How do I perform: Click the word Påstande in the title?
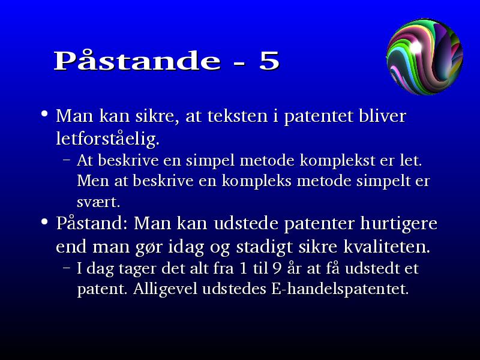(137, 60)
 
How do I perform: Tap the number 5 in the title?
(269, 61)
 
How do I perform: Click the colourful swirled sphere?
(425, 56)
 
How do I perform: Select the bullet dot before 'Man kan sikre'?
(44, 114)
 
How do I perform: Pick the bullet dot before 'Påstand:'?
(44, 221)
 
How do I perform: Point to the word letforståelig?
(108, 139)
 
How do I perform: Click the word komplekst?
(337, 160)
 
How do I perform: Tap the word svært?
(98, 202)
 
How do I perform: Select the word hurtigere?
(398, 224)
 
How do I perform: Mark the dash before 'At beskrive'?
(67, 160)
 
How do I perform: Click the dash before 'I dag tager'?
(67, 267)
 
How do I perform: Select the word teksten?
(238, 116)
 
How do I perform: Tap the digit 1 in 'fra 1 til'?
(244, 268)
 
